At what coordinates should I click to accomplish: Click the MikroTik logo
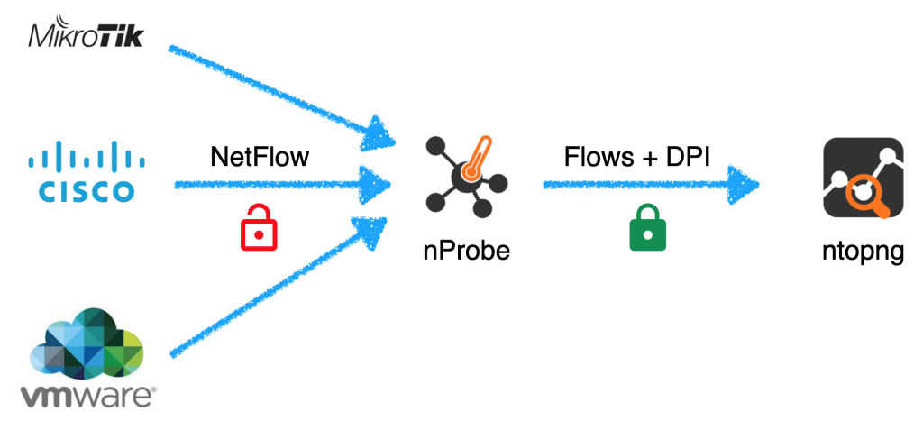(x=86, y=38)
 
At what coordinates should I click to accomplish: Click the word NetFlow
(x=260, y=159)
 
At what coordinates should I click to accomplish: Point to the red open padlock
(x=259, y=227)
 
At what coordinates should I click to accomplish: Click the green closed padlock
(x=647, y=228)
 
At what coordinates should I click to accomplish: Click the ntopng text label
(x=863, y=252)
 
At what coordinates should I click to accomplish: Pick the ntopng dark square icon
(x=863, y=178)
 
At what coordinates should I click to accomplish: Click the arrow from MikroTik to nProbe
(x=281, y=96)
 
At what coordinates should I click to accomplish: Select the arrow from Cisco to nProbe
(x=282, y=185)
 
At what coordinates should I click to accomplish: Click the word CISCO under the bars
(x=87, y=191)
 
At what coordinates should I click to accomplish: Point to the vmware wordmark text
(x=88, y=398)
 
